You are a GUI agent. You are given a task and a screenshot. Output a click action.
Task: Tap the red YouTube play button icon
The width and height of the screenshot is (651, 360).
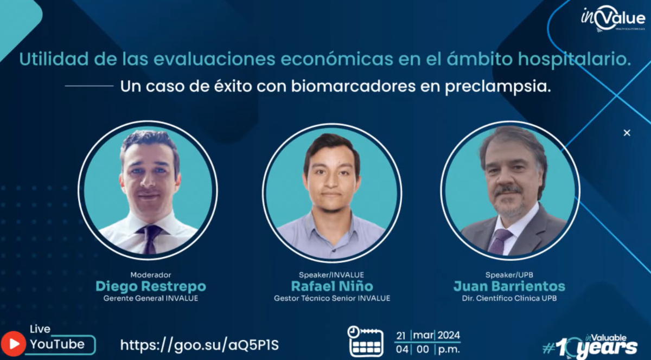14,344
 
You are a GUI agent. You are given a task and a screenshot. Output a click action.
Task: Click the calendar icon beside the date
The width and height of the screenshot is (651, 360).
366,342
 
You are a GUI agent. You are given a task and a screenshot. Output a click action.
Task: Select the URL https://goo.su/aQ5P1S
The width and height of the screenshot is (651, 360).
200,345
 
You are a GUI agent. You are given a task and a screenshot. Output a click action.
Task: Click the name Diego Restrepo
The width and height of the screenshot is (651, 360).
151,286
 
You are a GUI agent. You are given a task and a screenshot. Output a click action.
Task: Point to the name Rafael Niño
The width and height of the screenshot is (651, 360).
332,286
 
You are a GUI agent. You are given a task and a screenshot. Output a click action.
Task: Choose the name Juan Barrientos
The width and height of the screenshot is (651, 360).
509,286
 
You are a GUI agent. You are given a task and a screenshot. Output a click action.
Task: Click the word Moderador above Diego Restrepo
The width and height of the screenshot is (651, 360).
151,274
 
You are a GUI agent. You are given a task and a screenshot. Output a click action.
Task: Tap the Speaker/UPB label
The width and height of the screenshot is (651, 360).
509,274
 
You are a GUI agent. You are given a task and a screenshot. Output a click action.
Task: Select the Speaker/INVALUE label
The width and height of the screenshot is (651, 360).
331,274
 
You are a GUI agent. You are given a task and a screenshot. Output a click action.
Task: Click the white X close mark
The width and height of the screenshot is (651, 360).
627,133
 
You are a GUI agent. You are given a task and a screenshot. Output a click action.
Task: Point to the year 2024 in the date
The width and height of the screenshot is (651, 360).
449,335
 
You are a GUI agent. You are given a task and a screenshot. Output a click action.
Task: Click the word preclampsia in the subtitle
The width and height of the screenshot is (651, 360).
498,87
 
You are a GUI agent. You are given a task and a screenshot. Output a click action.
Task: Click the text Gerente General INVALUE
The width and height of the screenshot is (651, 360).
151,298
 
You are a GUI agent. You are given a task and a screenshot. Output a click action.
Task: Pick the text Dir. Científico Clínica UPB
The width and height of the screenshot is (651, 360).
509,298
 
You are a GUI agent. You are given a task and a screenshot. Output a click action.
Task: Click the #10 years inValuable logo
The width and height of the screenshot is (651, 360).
590,346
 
